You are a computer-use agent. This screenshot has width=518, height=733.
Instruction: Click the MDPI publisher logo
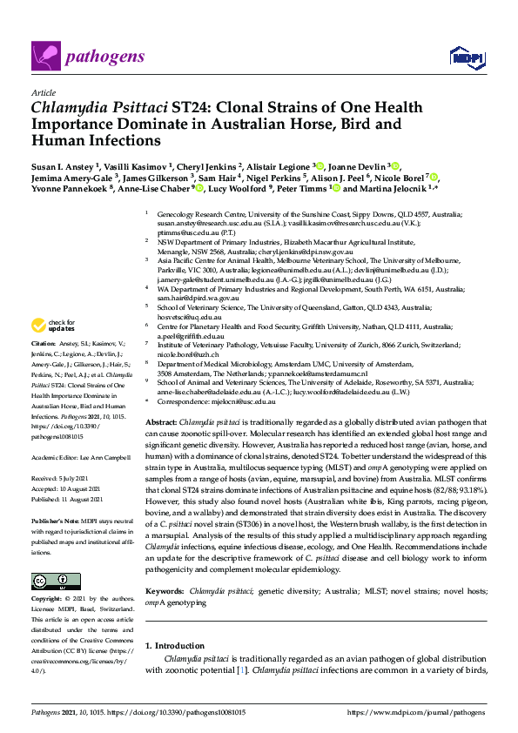click(467, 57)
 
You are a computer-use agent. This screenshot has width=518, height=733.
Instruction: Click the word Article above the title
click(42, 91)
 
